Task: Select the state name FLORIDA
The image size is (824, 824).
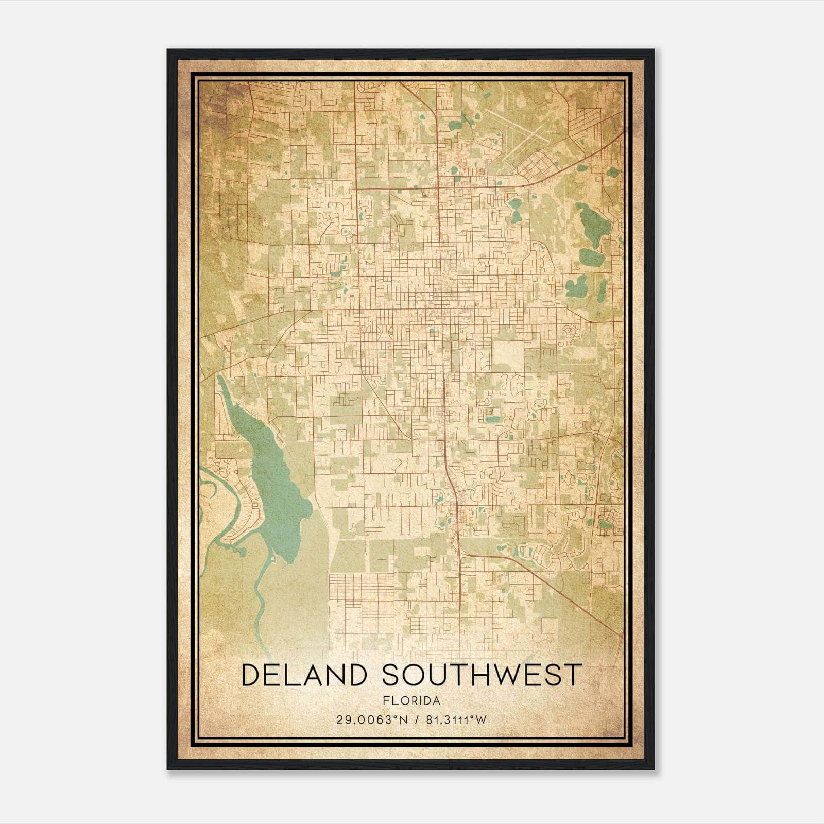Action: click(x=411, y=701)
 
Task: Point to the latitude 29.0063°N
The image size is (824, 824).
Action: click(x=371, y=720)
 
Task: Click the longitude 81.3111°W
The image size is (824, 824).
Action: click(x=456, y=720)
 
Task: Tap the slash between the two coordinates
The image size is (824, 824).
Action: click(x=416, y=720)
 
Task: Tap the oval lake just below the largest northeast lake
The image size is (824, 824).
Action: click(x=591, y=256)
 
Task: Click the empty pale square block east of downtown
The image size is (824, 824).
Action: click(x=507, y=356)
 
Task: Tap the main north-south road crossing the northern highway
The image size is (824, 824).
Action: click(x=438, y=186)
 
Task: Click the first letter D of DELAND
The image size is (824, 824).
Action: click(x=249, y=675)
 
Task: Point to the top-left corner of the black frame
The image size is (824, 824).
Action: click(x=168, y=50)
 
